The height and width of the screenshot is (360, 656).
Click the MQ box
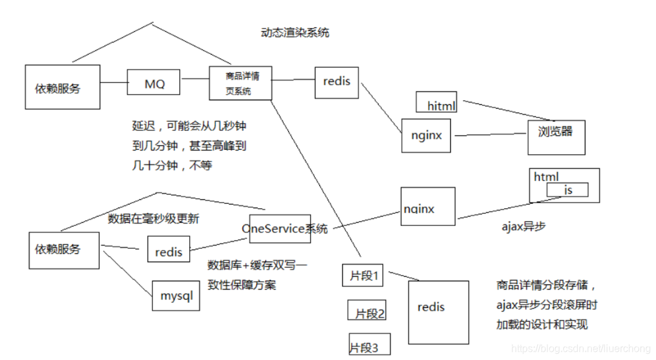pos(154,82)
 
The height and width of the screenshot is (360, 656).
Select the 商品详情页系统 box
pos(241,83)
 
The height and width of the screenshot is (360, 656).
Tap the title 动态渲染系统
pos(295,32)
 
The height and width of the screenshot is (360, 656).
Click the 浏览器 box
pos(556,137)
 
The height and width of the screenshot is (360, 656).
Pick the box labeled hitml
pos(436,102)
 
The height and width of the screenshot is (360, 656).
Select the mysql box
pos(176,296)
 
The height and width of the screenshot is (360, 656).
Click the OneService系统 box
pos(280,229)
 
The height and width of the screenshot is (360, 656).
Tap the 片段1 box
pos(363,275)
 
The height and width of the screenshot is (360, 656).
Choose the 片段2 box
pos(367,310)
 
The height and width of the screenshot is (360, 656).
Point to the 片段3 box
pos(370,343)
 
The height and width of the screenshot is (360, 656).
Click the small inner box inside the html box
pos(567,190)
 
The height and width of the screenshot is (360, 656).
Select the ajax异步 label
pos(523,227)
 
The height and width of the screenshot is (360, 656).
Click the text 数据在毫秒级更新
pos(154,218)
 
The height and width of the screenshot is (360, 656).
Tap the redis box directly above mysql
pos(168,249)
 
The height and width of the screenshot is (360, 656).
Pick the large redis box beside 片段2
pos(438,312)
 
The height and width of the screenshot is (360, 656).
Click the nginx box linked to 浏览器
pos(426,135)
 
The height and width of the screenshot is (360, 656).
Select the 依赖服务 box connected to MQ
pos(62,87)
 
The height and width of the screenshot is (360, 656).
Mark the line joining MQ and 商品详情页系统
pos(195,79)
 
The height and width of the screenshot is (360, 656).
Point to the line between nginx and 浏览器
pos(490,135)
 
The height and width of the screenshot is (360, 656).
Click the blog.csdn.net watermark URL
pos(580,349)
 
